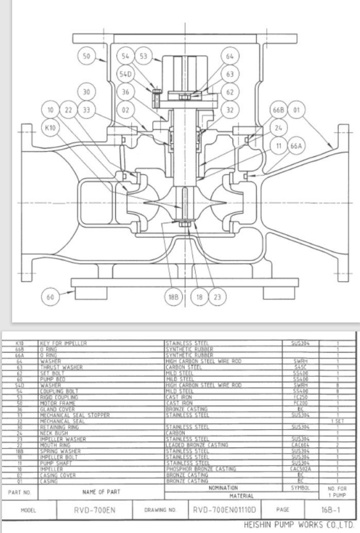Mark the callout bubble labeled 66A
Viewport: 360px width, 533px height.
[x=298, y=147]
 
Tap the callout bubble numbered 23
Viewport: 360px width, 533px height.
[x=218, y=296]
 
